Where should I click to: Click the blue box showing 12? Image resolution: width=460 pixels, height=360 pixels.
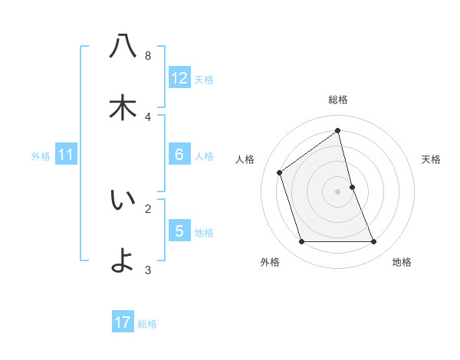coord(179,78)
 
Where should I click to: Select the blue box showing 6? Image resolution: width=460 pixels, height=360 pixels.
coord(179,155)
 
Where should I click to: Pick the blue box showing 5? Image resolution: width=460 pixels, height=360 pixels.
coord(179,231)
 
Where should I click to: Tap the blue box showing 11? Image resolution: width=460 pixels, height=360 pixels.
coord(66,155)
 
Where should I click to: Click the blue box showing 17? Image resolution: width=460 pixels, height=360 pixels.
coord(123,322)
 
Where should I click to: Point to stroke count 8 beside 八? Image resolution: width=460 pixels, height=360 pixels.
coord(148,56)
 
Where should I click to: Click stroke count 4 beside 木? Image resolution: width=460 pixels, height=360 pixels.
coord(148,117)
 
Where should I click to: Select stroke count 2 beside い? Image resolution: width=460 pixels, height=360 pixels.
coord(148,208)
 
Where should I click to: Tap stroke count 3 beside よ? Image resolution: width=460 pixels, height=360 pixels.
coord(148,270)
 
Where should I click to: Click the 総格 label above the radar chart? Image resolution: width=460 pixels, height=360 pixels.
coord(338,100)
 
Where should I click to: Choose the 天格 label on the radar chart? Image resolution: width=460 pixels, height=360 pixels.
coord(432,159)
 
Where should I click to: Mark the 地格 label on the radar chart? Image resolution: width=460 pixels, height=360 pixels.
coord(402,262)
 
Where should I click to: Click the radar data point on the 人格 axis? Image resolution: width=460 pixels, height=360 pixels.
coord(280,172)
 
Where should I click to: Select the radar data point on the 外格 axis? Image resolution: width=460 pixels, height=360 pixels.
coord(301,242)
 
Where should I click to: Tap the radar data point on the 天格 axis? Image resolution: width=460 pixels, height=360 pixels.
coord(352,187)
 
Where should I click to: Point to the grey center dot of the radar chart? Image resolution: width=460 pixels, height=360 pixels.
coord(338,191)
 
